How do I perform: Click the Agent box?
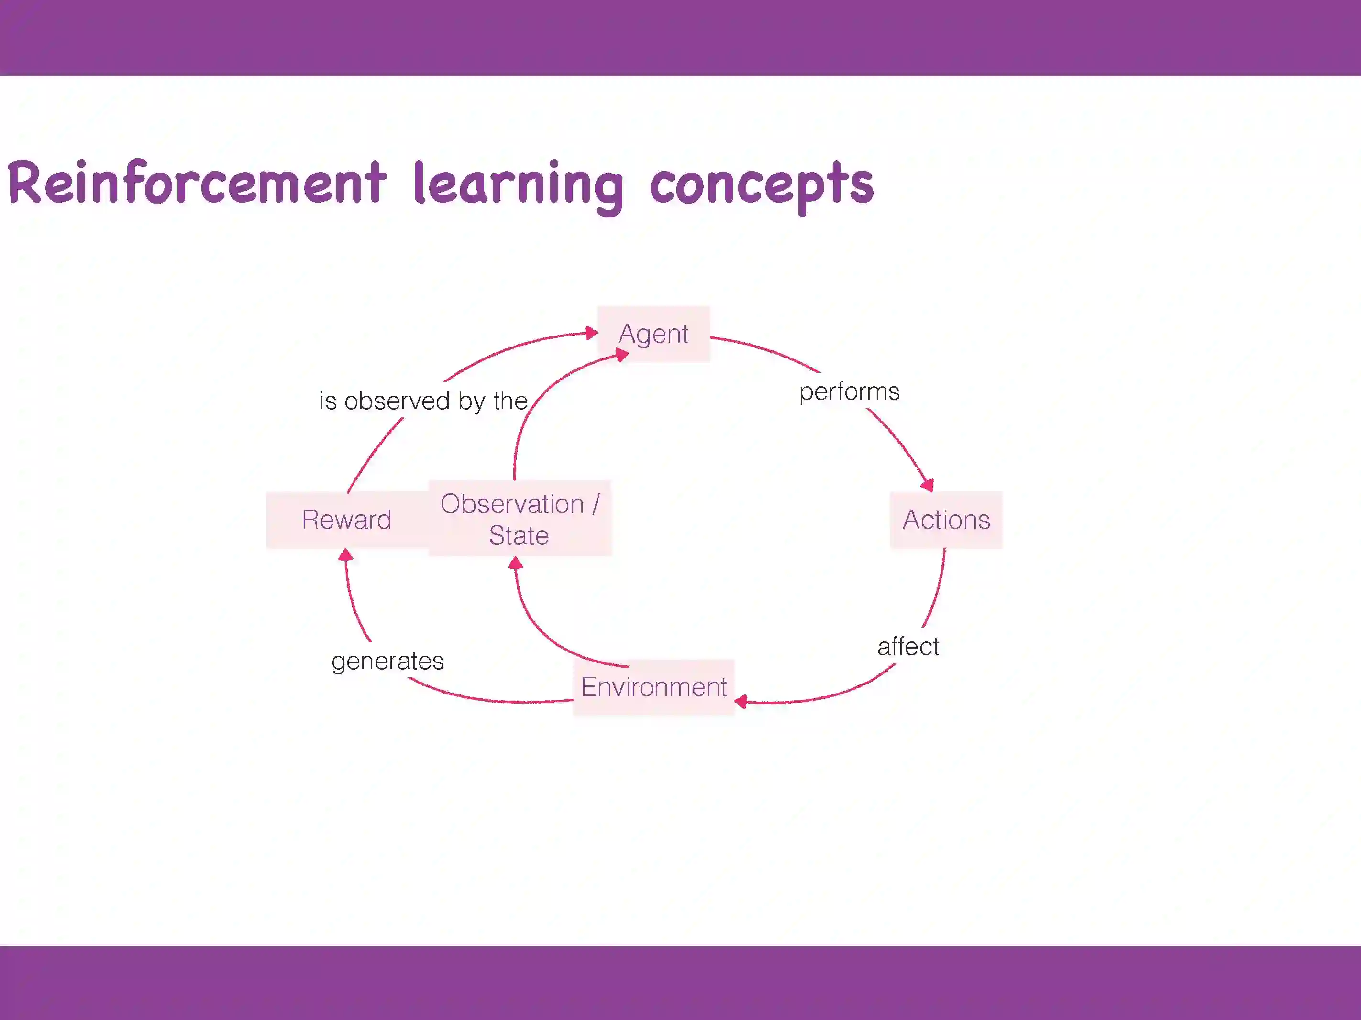coord(653,334)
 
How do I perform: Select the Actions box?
coord(946,520)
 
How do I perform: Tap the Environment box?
coord(653,687)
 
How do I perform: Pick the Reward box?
coord(346,520)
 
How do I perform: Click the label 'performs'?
coord(849,391)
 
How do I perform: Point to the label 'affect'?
coord(908,647)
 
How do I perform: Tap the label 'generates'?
coord(387,662)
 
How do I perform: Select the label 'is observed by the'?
coord(423,401)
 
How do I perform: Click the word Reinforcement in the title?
coord(197,183)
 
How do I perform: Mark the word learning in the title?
coord(519,184)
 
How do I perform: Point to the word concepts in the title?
coord(762,184)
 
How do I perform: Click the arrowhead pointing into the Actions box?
coord(928,485)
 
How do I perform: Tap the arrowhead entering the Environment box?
coord(741,702)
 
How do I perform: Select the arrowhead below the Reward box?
coord(346,555)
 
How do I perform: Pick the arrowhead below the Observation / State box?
coord(516,563)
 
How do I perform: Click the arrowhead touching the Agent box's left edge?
coord(591,333)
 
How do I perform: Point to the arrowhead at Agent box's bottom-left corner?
coord(621,355)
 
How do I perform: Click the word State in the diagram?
coord(519,535)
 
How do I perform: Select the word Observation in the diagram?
coord(512,504)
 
